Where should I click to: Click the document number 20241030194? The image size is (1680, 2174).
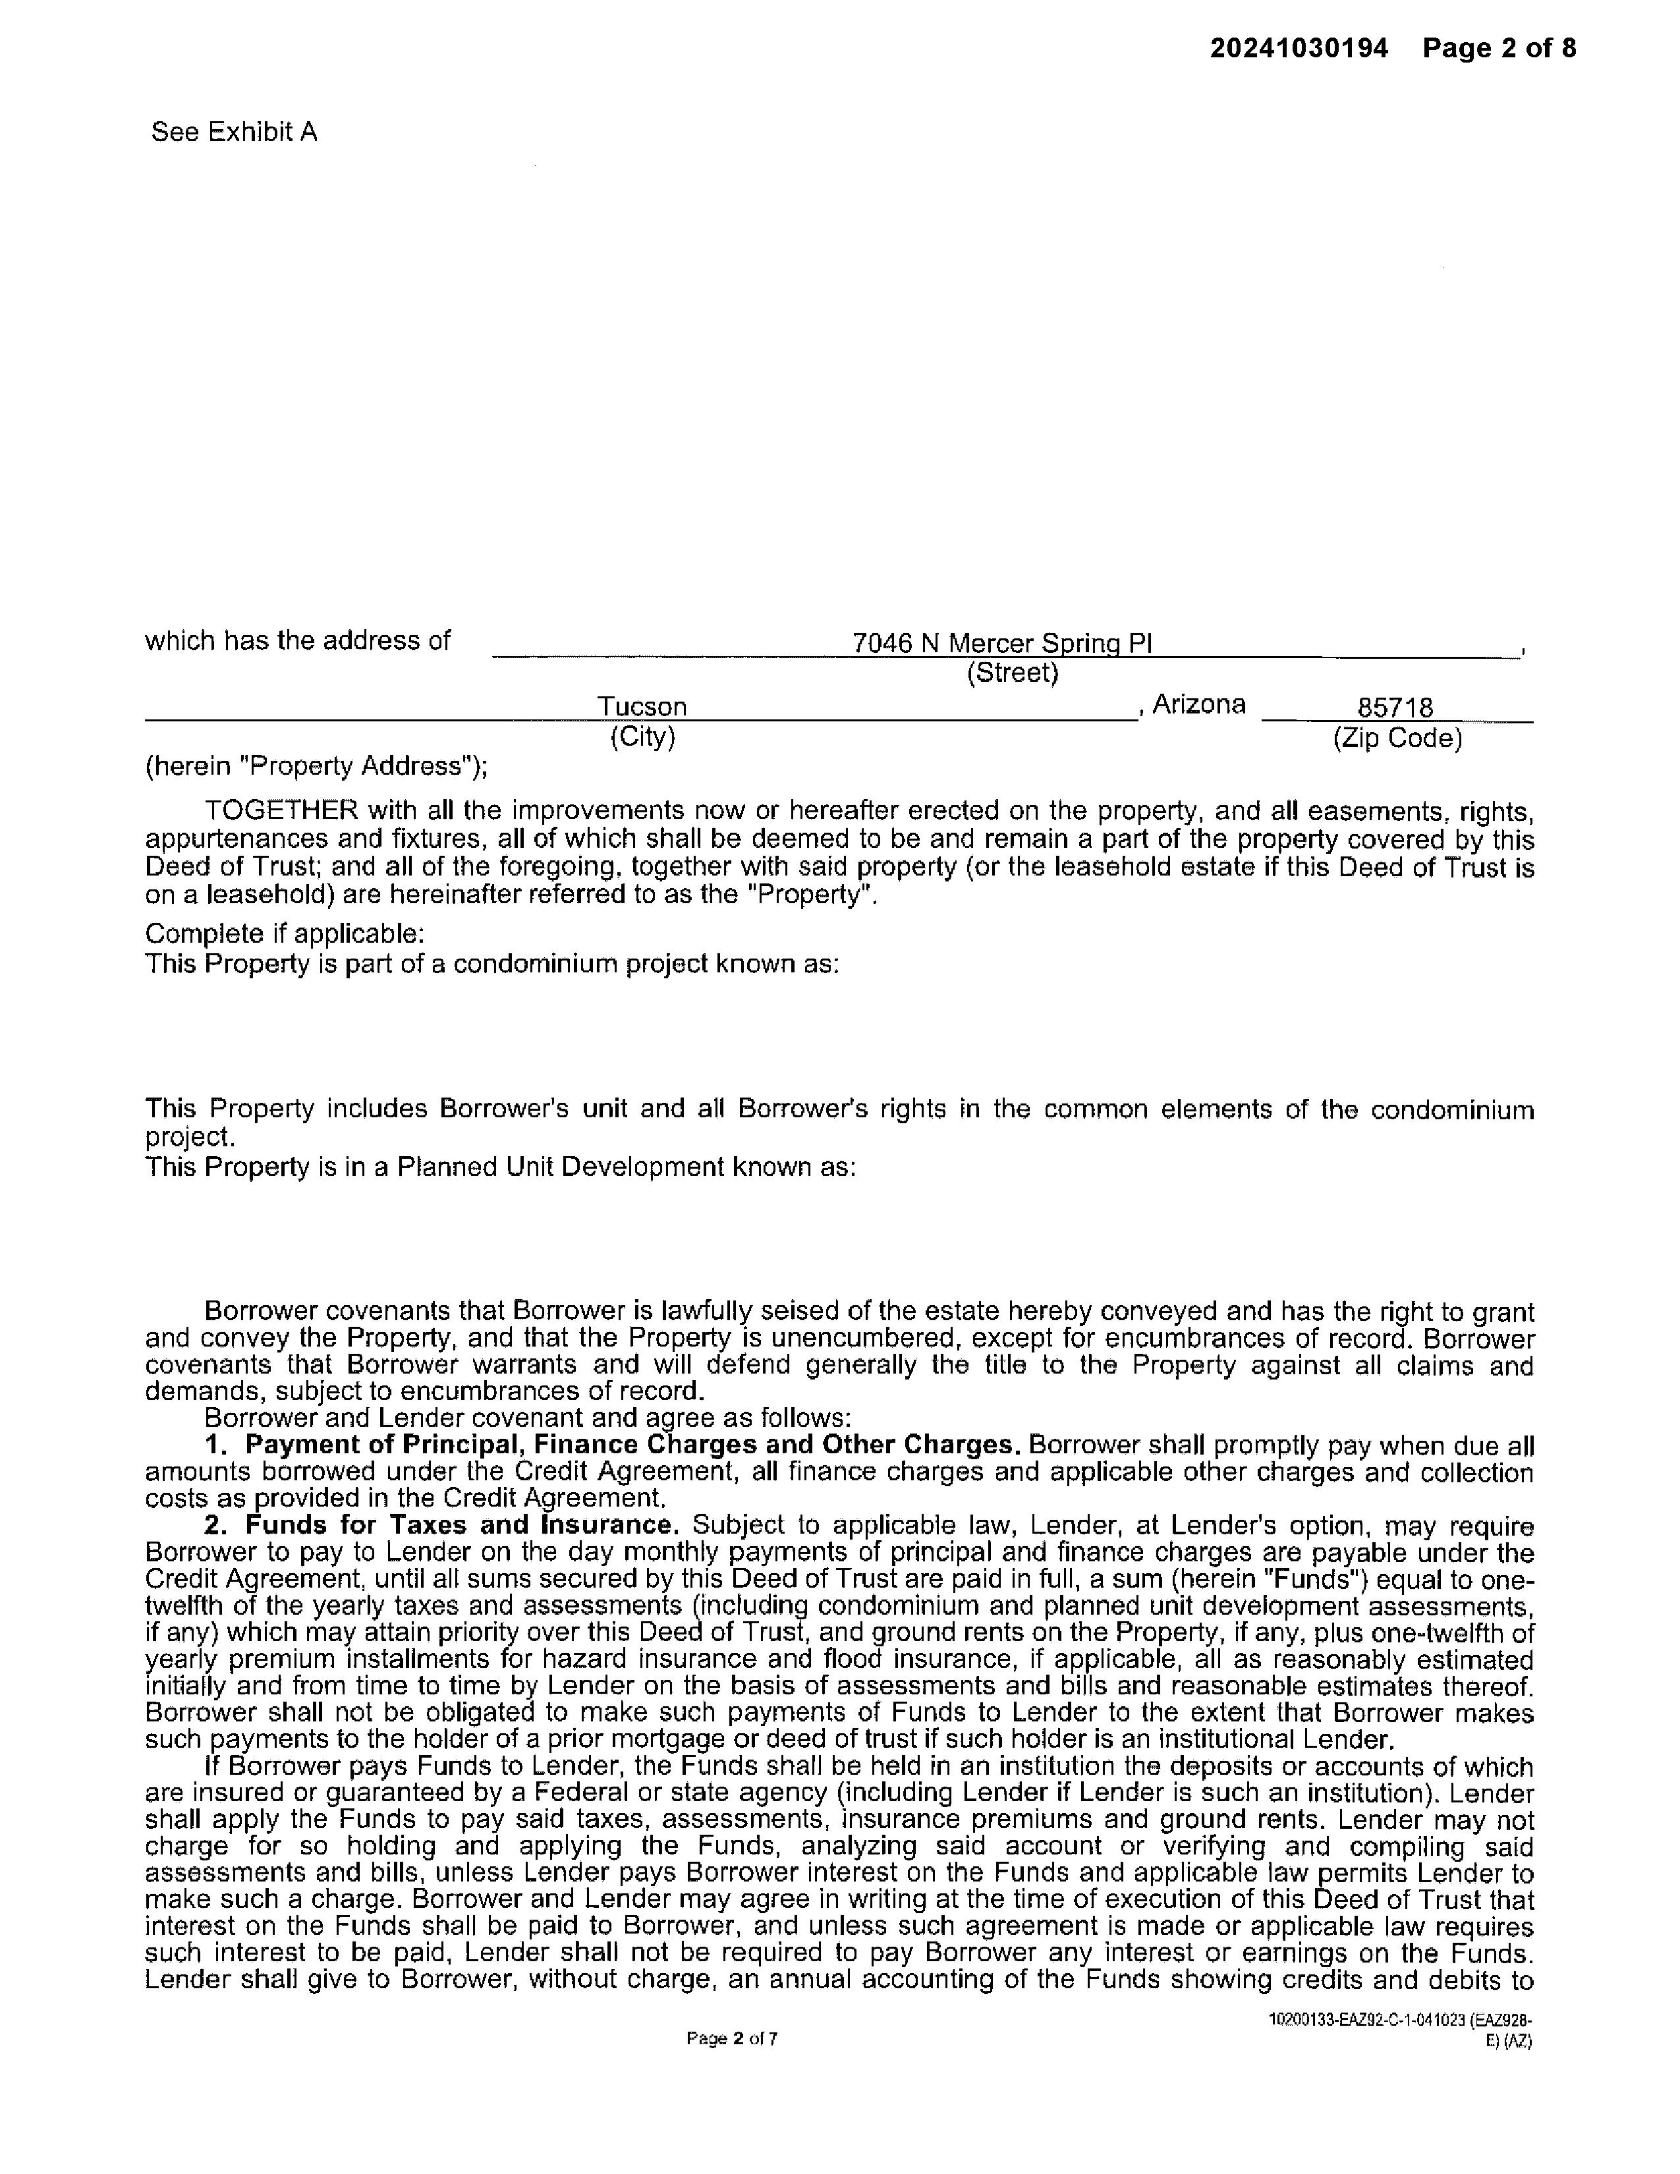point(1298,49)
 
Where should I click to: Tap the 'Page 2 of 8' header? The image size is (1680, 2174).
point(1499,49)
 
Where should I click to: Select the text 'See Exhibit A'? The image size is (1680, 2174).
point(234,132)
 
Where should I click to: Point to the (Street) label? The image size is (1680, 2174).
point(1012,674)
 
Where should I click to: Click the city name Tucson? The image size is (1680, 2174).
point(642,707)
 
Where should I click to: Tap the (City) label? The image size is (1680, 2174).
point(642,738)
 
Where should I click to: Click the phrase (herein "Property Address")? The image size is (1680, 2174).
point(316,766)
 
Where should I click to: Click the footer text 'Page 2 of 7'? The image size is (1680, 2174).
point(731,2039)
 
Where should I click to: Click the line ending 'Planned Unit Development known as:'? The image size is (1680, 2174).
point(501,1167)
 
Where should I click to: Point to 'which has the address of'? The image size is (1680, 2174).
point(298,640)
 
